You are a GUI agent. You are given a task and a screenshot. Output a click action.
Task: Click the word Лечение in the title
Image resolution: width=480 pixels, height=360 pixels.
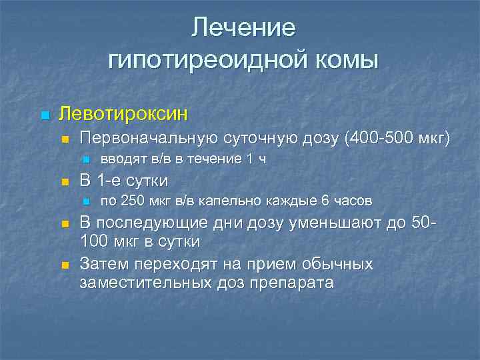(243, 28)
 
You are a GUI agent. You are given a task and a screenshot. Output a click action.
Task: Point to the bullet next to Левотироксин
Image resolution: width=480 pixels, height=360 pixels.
(45, 115)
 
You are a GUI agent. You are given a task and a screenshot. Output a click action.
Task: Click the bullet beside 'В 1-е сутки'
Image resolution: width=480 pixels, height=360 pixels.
(65, 181)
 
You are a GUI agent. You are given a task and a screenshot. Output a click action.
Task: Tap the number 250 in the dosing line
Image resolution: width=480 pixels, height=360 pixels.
(130, 201)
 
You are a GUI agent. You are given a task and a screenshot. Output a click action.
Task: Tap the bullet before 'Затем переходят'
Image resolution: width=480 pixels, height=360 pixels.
(65, 266)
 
